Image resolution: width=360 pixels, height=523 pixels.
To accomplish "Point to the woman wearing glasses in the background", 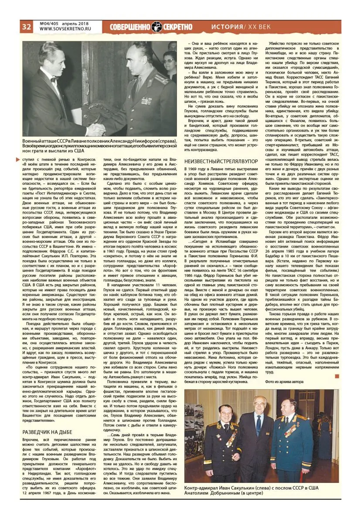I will (170, 61).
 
